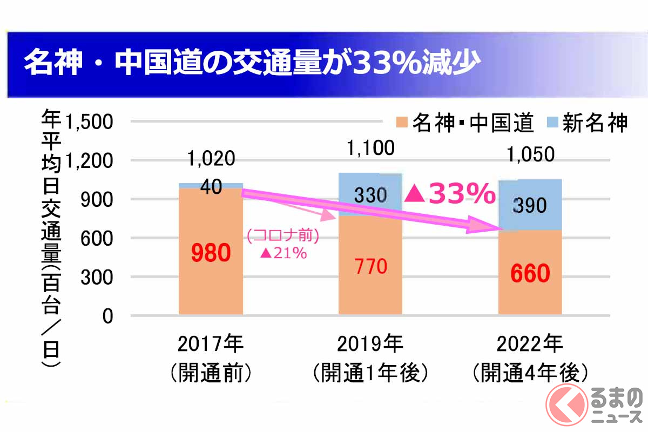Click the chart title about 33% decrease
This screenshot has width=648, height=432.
click(251, 64)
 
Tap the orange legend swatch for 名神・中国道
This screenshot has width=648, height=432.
click(402, 123)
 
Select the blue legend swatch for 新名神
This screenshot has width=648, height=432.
click(551, 123)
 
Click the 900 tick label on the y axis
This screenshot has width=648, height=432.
click(97, 199)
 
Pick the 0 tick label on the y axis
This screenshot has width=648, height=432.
click(107, 316)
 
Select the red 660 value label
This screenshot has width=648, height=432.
click(530, 274)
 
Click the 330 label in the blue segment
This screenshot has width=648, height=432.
click(370, 195)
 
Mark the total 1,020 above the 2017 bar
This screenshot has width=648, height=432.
click(211, 159)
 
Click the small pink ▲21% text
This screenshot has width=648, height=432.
click(283, 253)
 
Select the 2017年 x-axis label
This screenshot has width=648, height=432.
click(211, 343)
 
